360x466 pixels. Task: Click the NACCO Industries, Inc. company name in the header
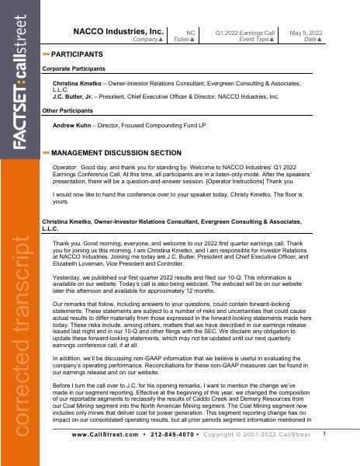click(x=119, y=31)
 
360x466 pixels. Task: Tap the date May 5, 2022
click(x=305, y=32)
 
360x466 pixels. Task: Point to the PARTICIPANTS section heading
click(x=77, y=54)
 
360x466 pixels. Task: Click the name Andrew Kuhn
click(x=73, y=124)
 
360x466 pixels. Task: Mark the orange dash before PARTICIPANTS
click(x=46, y=54)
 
